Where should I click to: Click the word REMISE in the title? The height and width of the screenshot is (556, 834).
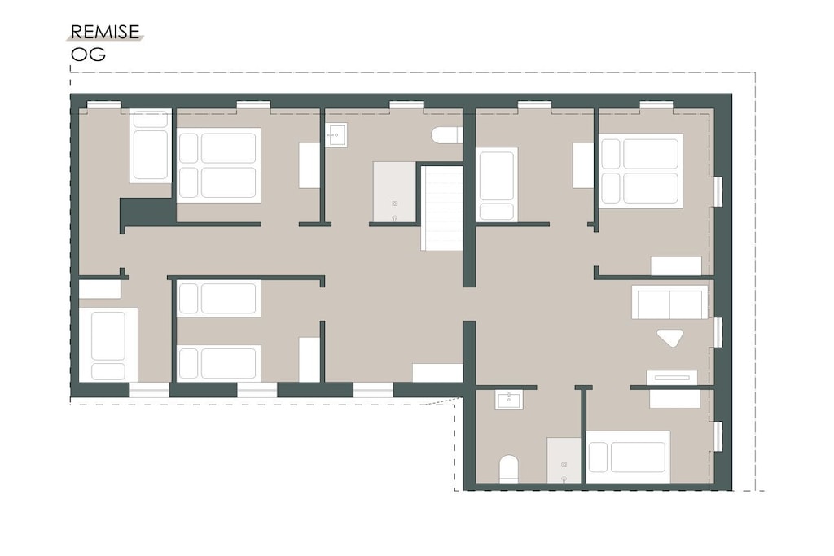click(105, 32)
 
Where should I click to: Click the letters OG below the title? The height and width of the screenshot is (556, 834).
click(88, 55)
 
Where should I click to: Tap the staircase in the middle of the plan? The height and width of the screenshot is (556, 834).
click(441, 208)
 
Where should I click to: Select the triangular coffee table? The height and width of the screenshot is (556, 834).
click(670, 338)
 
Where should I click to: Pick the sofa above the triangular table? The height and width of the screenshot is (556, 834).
click(669, 302)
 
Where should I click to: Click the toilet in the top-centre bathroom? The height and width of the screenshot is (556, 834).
click(446, 135)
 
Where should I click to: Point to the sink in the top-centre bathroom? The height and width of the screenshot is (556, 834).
click(336, 135)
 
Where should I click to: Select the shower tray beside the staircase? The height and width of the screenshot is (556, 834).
click(394, 192)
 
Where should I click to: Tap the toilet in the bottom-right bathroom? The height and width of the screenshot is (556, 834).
click(508, 469)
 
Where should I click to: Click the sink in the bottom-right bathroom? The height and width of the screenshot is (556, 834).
click(509, 399)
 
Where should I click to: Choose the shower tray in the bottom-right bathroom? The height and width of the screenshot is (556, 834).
click(564, 460)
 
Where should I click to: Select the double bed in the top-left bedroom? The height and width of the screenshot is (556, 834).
click(218, 164)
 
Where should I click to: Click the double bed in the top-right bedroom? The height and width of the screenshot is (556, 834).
click(641, 171)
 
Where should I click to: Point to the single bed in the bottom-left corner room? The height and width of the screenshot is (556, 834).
click(108, 344)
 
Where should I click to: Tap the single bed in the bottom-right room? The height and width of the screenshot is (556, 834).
click(628, 457)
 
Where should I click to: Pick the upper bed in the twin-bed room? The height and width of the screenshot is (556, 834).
click(218, 299)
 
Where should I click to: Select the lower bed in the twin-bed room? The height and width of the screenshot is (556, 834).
click(218, 363)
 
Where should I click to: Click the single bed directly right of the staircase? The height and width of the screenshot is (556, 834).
click(497, 184)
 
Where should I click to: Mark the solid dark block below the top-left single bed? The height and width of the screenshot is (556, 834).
click(148, 212)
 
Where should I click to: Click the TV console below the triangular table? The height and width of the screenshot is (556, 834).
click(672, 378)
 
